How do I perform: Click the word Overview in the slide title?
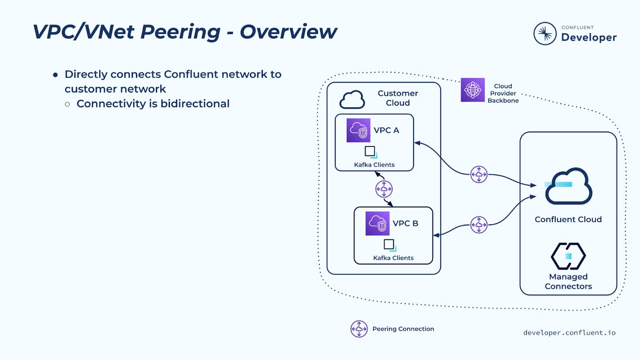pyautogui.click(x=288, y=32)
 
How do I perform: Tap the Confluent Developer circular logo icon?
pyautogui.click(x=545, y=34)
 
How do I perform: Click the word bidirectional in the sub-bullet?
pyautogui.click(x=195, y=104)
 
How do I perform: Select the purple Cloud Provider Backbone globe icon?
pyautogui.click(x=472, y=90)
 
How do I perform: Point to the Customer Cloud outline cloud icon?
pyautogui.click(x=352, y=100)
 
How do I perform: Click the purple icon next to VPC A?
pyautogui.click(x=358, y=130)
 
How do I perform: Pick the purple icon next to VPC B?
pyautogui.click(x=377, y=223)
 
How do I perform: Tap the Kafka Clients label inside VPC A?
pyautogui.click(x=374, y=165)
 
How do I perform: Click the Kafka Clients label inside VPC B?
pyautogui.click(x=393, y=258)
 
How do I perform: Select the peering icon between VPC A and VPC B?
pyautogui.click(x=384, y=189)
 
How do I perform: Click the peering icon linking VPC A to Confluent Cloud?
pyautogui.click(x=479, y=174)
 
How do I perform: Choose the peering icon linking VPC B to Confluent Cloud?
pyautogui.click(x=479, y=225)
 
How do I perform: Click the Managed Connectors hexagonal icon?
pyautogui.click(x=568, y=256)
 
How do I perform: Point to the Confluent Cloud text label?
pyautogui.click(x=568, y=219)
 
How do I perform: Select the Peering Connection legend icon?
pyautogui.click(x=359, y=329)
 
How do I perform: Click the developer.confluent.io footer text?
pyautogui.click(x=569, y=333)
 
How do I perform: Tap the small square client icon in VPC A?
pyautogui.click(x=370, y=152)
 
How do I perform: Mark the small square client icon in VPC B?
pyautogui.click(x=389, y=244)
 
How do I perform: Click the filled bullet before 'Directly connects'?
pyautogui.click(x=56, y=75)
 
